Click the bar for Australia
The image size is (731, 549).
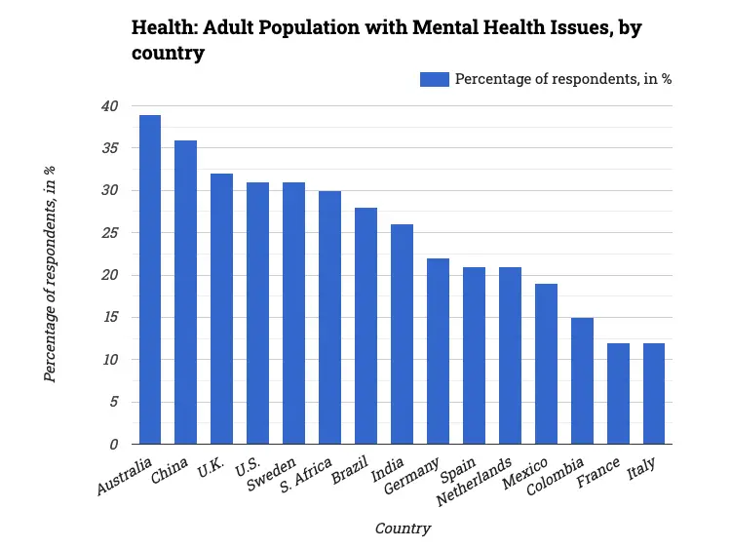150,280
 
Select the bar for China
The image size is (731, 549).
185,293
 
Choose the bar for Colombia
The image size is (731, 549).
582,380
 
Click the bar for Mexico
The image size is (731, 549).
546,364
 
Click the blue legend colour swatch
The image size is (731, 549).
434,79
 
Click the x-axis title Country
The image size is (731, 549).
403,529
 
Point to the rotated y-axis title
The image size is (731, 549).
50,275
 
